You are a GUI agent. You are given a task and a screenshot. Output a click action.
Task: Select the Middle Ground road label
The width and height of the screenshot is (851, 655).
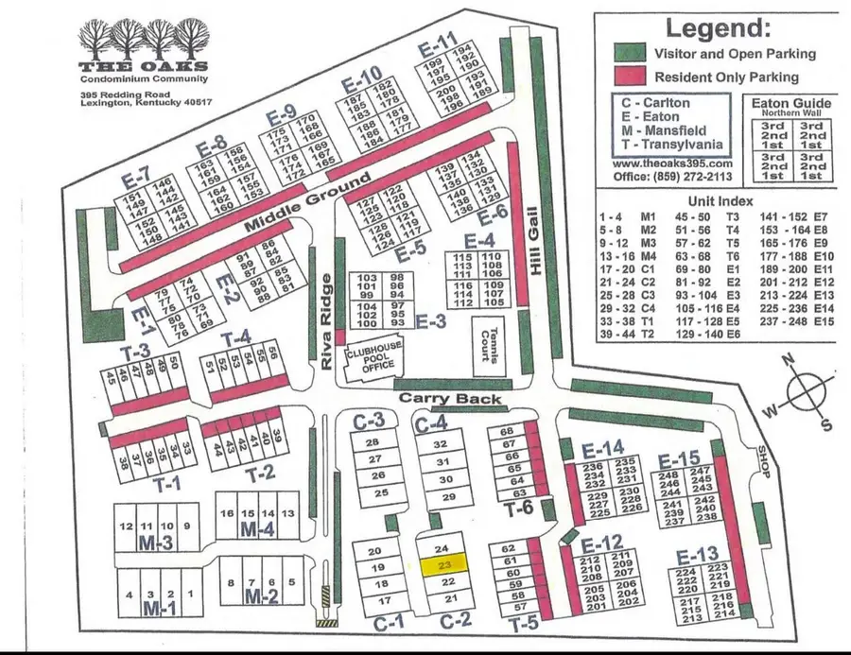click(x=307, y=203)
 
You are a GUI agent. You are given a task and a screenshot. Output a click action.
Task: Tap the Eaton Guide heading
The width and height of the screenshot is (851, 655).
click(x=790, y=103)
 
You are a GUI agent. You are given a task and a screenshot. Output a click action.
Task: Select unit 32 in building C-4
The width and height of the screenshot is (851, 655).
click(x=439, y=443)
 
